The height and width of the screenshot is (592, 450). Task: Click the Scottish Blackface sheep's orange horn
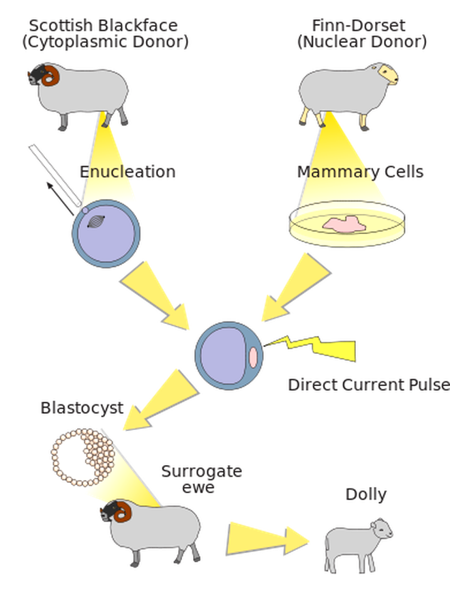pos(48,78)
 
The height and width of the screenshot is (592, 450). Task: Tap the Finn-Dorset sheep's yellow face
pos(388,73)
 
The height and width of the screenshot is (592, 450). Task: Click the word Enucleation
pos(127,171)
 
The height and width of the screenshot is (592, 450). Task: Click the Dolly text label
pos(365,493)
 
